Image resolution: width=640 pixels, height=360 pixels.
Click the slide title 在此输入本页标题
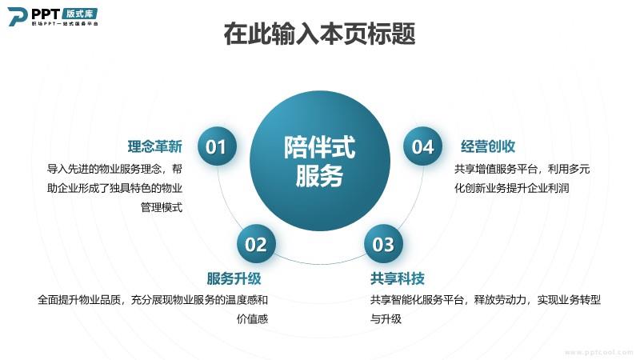[319, 34]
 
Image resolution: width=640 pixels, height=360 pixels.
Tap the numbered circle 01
[217, 146]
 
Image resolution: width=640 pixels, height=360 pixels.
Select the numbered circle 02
[256, 244]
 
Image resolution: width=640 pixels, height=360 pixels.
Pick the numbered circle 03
[383, 244]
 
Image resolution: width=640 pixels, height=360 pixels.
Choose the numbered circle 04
[423, 146]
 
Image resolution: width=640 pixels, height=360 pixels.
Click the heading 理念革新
[155, 146]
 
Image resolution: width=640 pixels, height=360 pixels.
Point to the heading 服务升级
[234, 278]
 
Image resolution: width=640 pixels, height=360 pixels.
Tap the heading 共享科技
[398, 278]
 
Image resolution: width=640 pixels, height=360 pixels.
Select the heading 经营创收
[488, 146]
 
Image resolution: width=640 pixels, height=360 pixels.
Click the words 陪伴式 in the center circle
[319, 147]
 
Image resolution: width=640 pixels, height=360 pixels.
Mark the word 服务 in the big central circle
[319, 176]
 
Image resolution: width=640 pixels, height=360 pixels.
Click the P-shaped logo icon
[18, 16]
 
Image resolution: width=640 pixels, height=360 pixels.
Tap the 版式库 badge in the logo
[80, 14]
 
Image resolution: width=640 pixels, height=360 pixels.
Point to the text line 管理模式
[162, 207]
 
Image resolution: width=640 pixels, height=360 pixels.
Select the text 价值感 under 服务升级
[252, 318]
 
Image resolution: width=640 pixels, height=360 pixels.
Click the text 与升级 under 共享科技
[386, 318]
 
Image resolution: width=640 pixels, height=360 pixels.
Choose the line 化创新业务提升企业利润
[512, 188]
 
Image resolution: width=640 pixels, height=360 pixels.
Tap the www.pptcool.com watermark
[598, 352]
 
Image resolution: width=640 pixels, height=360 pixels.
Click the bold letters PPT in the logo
[46, 14]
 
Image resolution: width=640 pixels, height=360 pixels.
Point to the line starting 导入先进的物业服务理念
[114, 169]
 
